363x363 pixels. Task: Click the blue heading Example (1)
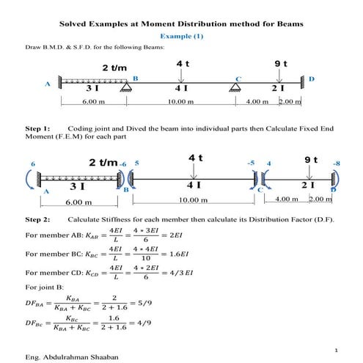(181, 36)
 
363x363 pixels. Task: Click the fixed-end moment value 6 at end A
(32, 163)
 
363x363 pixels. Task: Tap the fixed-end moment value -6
(123, 163)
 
